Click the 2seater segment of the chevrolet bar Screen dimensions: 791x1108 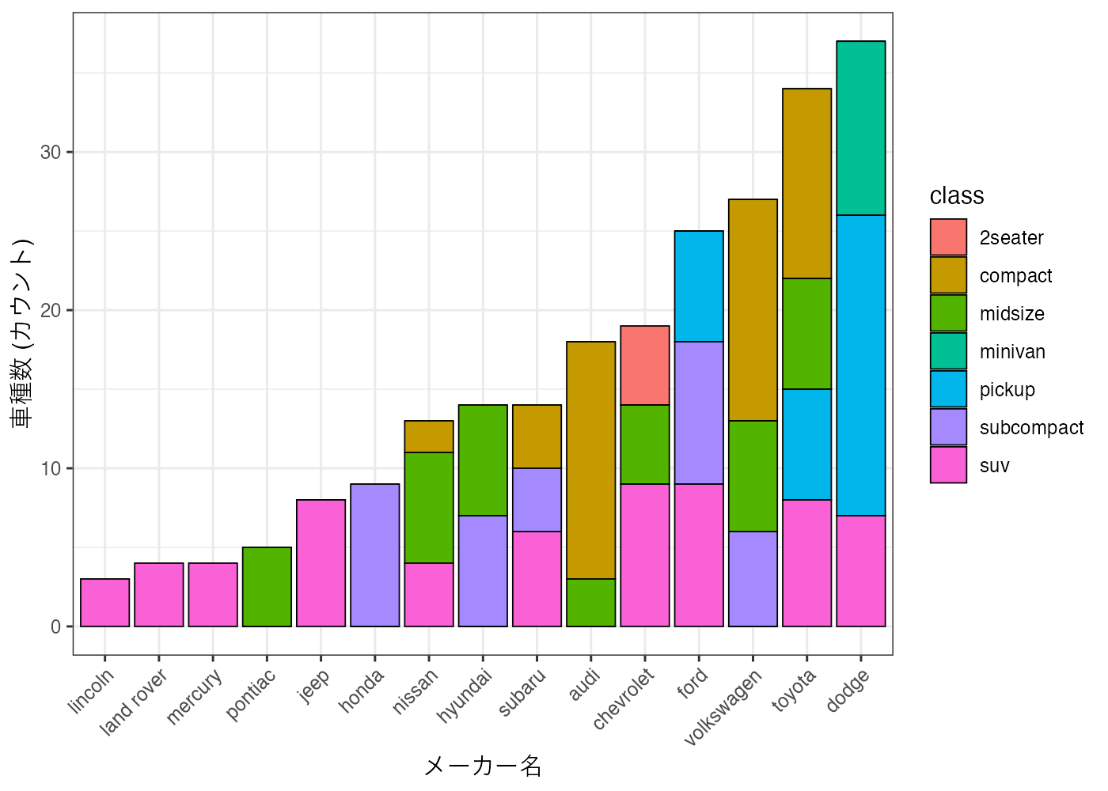point(645,365)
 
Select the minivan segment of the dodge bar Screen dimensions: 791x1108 point(861,128)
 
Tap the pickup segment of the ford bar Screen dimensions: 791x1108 point(699,286)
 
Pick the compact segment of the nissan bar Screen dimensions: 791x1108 point(429,437)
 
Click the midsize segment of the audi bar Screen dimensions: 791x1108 point(591,603)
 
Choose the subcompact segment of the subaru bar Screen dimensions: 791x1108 point(537,500)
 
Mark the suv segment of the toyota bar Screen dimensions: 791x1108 point(807,563)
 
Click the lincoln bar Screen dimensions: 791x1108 point(105,603)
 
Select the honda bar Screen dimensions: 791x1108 point(375,555)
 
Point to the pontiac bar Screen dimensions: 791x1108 point(267,587)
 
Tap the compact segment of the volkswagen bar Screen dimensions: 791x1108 point(753,310)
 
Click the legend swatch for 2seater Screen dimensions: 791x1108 point(948,237)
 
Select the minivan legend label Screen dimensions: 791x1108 point(1012,352)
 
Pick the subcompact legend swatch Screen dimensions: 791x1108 point(948,427)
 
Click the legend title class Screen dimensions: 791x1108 point(957,195)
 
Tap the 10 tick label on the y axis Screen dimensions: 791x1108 point(51,468)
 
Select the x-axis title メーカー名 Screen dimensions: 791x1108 point(483,766)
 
